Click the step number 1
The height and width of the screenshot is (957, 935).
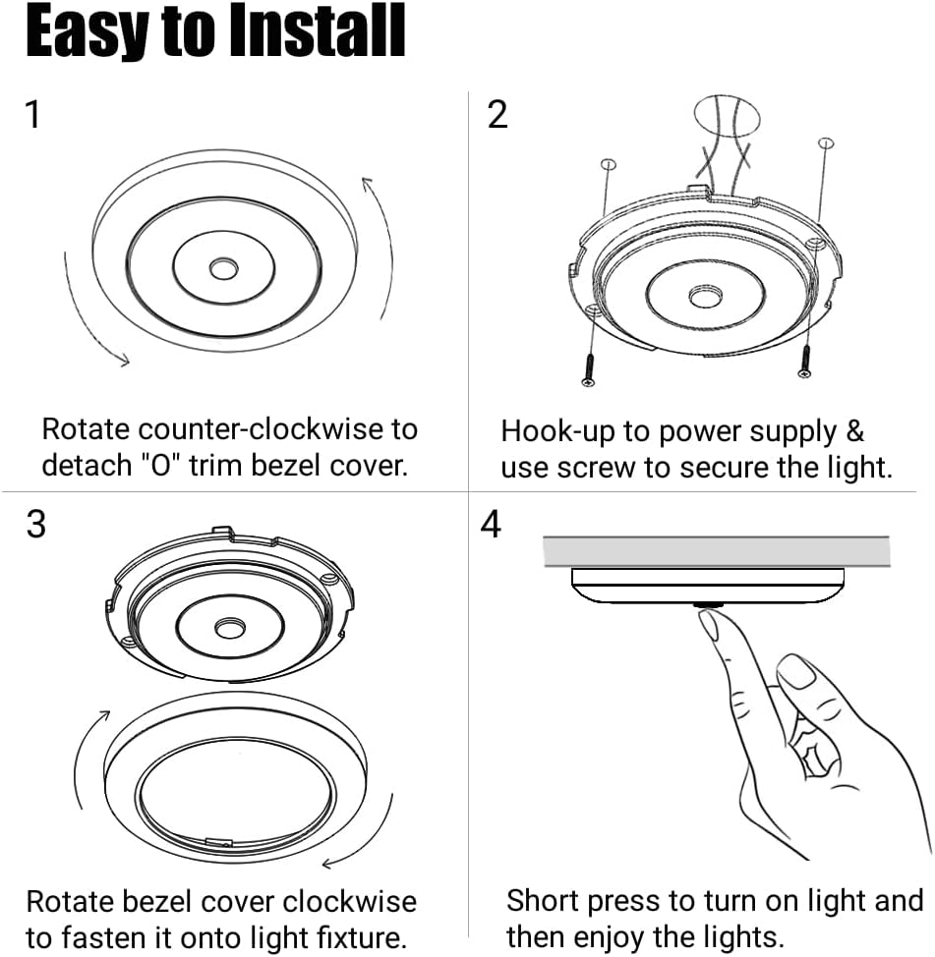(33, 115)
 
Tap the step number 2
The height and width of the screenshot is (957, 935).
(497, 115)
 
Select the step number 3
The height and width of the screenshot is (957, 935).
(35, 525)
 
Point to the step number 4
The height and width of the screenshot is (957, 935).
(492, 525)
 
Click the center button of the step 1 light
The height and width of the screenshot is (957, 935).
(223, 266)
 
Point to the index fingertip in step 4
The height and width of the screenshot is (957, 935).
(709, 623)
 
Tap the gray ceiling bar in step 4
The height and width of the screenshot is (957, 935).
(716, 551)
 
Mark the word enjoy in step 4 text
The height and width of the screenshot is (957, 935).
(614, 935)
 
